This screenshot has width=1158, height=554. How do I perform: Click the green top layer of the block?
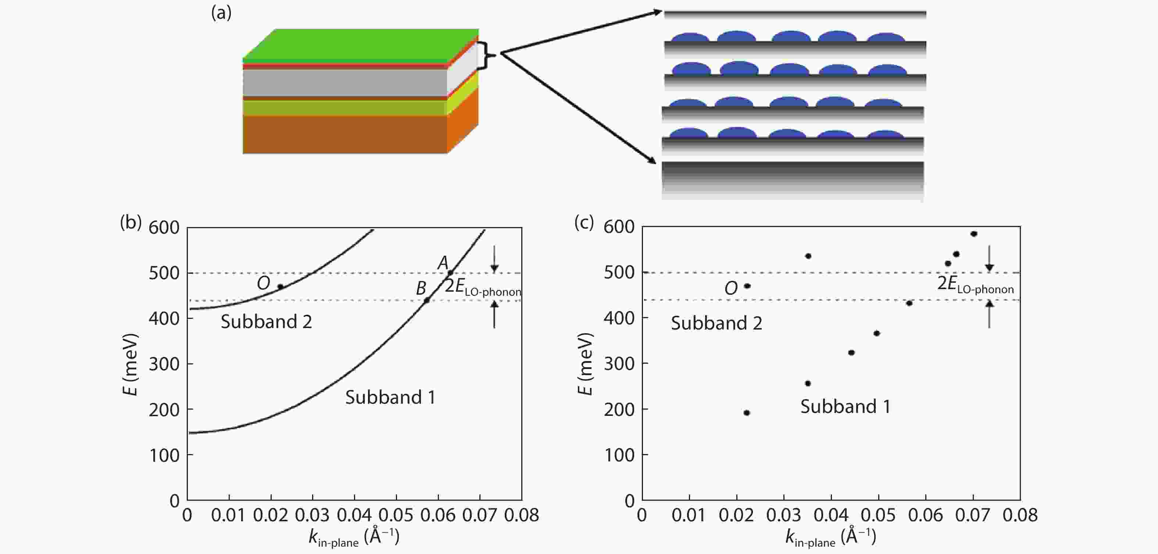pos(360,45)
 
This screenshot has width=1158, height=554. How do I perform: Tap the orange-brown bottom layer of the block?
pos(345,134)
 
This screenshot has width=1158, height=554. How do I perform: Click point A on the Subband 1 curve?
pos(450,273)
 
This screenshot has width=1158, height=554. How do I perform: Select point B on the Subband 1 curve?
pos(426,300)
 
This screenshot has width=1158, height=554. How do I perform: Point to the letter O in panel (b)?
pos(264,283)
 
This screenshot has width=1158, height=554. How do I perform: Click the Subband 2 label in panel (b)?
pos(266,322)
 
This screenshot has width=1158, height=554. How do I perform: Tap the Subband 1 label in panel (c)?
pos(845,407)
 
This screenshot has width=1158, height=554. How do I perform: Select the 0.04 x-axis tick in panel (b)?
pos(354,515)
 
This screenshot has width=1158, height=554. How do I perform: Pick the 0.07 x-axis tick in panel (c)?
pos(973,515)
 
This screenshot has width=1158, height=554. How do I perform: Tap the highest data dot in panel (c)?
pos(974,234)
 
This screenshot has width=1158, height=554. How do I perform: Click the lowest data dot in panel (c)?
pos(747,413)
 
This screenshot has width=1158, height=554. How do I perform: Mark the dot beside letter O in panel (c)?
pos(747,286)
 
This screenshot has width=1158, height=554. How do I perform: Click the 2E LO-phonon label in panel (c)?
pos(975,284)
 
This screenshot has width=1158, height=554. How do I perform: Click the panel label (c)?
pos(584,222)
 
